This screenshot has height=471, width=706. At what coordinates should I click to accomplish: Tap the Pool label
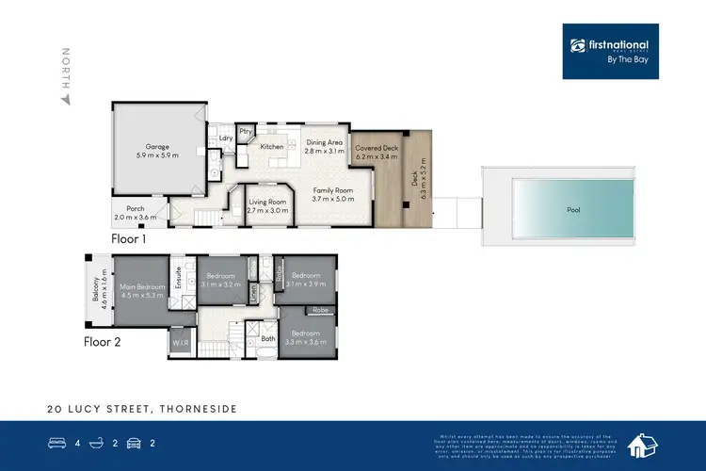[x=572, y=211]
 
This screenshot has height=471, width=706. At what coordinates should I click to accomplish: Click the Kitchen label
[x=272, y=147]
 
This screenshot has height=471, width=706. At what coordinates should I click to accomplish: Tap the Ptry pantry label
[x=245, y=131]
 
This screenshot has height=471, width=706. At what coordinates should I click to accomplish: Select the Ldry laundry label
[x=226, y=139]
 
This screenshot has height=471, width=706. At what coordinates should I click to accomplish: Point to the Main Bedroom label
[x=141, y=291]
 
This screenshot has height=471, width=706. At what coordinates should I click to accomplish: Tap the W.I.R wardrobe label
[x=181, y=344]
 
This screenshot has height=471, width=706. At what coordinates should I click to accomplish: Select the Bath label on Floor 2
[x=267, y=337]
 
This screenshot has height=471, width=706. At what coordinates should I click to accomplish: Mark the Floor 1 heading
[x=131, y=239]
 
